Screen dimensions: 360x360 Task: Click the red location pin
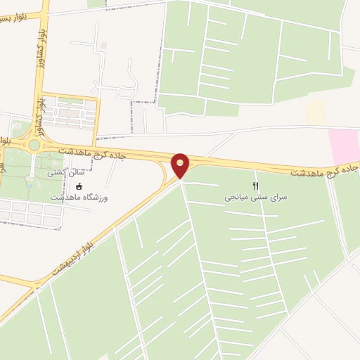pyautogui.click(x=181, y=165)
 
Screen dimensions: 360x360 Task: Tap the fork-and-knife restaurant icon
pyautogui.click(x=256, y=186)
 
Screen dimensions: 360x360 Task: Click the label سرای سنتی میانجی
pyautogui.click(x=257, y=198)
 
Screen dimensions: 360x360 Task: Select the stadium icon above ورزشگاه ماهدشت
pyautogui.click(x=79, y=187)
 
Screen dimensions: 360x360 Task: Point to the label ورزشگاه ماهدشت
pyautogui.click(x=79, y=199)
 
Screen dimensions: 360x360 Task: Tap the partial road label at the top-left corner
pyautogui.click(x=15, y=15)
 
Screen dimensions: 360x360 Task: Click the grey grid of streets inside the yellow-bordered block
pyautogui.click(x=68, y=112)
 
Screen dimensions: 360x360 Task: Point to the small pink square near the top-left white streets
pyautogui.click(x=103, y=46)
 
